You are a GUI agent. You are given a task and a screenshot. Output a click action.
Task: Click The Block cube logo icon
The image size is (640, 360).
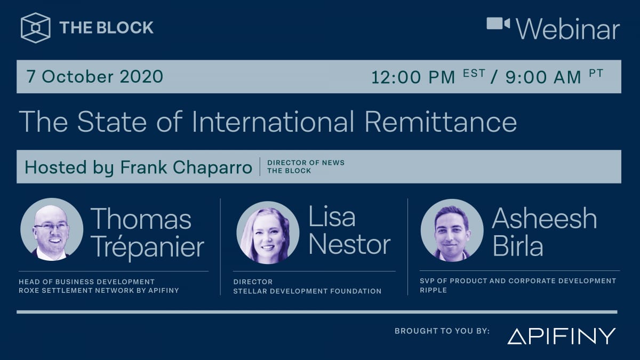[36, 28]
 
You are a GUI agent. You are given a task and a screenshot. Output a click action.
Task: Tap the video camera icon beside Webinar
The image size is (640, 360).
[498, 24]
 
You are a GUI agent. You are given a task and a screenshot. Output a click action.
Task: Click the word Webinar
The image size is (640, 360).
[568, 29]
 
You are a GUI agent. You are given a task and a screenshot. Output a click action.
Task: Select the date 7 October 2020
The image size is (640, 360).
[95, 77]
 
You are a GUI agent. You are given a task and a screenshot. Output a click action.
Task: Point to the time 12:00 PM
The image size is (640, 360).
[413, 77]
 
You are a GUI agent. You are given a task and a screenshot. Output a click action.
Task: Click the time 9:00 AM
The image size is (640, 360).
[543, 77]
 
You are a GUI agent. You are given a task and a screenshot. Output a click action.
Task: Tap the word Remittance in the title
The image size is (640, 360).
[441, 122]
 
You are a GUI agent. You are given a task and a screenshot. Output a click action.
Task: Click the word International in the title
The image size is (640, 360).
[273, 122]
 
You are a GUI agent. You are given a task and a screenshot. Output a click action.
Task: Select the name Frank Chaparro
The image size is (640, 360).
[186, 167]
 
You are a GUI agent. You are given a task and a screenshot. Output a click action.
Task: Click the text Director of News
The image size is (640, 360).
[306, 163]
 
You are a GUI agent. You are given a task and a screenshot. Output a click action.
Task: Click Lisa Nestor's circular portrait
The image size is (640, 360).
[268, 233]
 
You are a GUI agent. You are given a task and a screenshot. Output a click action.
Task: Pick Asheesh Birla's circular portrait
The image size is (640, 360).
[452, 230]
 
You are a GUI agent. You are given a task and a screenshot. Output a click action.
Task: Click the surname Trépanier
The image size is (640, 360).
[148, 247]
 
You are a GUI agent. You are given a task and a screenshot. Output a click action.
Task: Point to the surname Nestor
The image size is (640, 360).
[349, 245]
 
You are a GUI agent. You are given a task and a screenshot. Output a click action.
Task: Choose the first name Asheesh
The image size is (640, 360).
[544, 218]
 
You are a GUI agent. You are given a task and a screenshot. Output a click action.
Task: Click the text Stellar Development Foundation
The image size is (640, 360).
[307, 291]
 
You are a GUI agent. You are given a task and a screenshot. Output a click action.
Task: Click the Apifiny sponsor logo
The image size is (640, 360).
[561, 336]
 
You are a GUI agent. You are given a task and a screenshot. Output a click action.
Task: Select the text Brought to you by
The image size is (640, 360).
[442, 331]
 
